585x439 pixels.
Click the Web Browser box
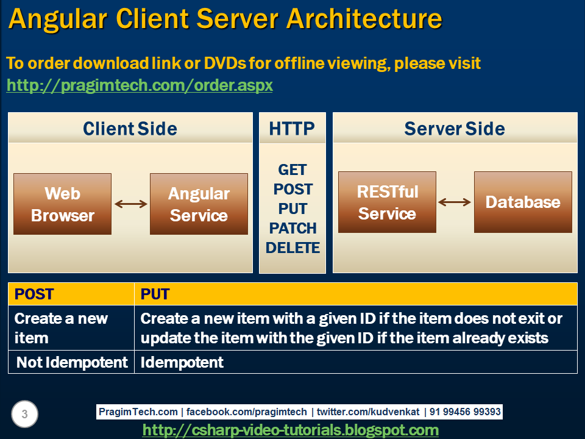pos(63,204)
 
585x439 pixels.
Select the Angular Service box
pos(199,204)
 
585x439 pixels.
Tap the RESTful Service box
pos(387,202)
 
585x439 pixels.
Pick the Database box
pos(523,202)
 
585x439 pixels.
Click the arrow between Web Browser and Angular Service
pos(131,204)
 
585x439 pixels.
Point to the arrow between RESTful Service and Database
pos(455,202)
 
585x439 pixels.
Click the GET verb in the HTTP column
pos(292,170)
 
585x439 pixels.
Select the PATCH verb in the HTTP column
pos(292,229)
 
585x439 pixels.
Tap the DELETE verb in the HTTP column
pos(292,248)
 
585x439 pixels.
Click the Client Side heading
pos(130,129)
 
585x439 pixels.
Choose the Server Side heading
pos(455,129)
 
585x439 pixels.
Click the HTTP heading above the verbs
pos(292,129)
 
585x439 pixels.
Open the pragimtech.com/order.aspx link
pos(140,85)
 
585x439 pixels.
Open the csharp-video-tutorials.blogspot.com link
pos(290,430)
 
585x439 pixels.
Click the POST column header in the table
pos(34,294)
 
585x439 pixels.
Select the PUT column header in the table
pos(155,294)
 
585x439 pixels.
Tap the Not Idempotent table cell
pos(72,362)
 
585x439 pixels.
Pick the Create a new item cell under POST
pos(61,328)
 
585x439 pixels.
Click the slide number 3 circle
pos(24,415)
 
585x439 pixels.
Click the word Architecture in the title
pos(364,20)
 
